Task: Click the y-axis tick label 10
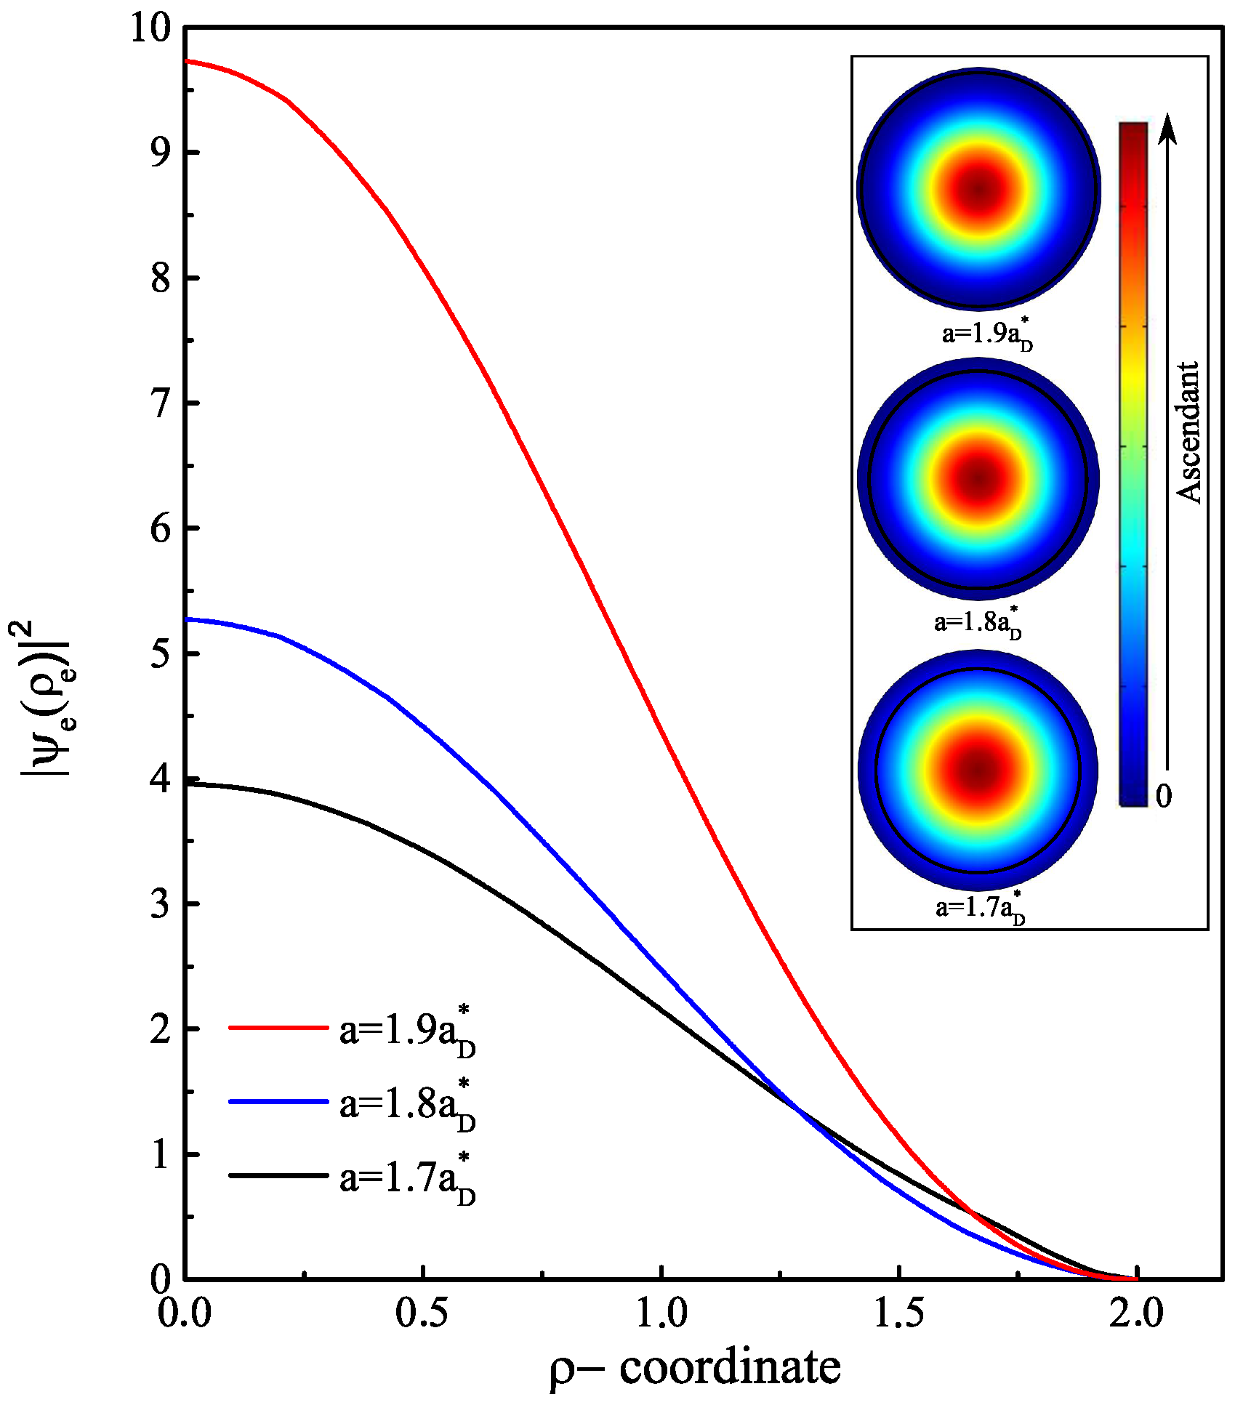coord(150,29)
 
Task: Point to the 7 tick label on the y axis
coord(161,404)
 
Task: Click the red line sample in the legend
coord(278,1028)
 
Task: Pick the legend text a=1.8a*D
coord(407,1106)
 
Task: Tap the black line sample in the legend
coord(278,1175)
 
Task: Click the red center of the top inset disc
coord(979,190)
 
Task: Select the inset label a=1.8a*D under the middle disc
coord(978,623)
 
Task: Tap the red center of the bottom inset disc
coord(978,770)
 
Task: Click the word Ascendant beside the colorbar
coord(1188,432)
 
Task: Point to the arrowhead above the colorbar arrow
coord(1167,126)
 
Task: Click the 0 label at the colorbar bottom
coord(1164,796)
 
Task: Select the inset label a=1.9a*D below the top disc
coord(986,334)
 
